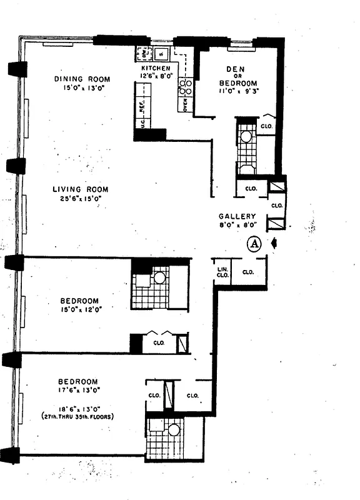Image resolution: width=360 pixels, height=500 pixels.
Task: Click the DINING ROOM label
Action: point(82,79)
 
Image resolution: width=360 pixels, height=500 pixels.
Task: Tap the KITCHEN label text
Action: point(156,67)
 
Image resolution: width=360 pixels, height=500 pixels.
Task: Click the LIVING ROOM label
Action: point(80,189)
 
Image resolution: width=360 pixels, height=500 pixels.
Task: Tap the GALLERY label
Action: point(237,216)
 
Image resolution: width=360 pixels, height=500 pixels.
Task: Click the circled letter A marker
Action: point(254,244)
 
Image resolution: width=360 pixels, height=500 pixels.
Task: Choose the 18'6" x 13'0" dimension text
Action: point(78,406)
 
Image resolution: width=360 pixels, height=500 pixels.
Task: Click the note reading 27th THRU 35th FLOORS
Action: point(78,416)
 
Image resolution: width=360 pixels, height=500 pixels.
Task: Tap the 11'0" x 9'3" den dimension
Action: point(237,91)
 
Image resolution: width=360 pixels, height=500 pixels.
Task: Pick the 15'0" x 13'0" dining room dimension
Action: point(82,88)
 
